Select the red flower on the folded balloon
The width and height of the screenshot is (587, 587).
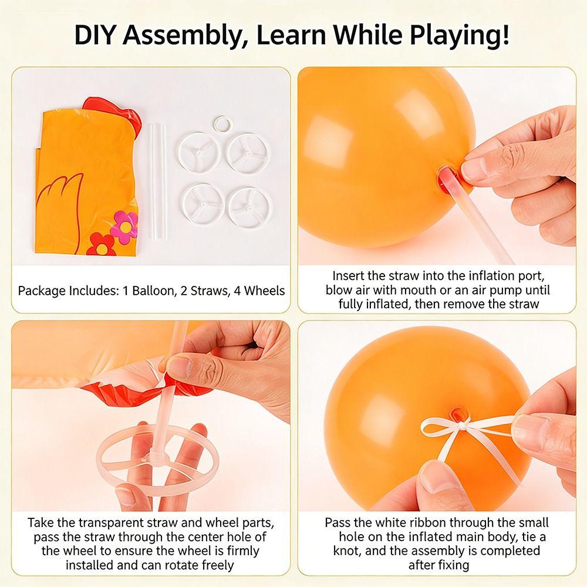(101, 245)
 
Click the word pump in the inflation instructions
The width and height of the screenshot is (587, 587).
(515, 291)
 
